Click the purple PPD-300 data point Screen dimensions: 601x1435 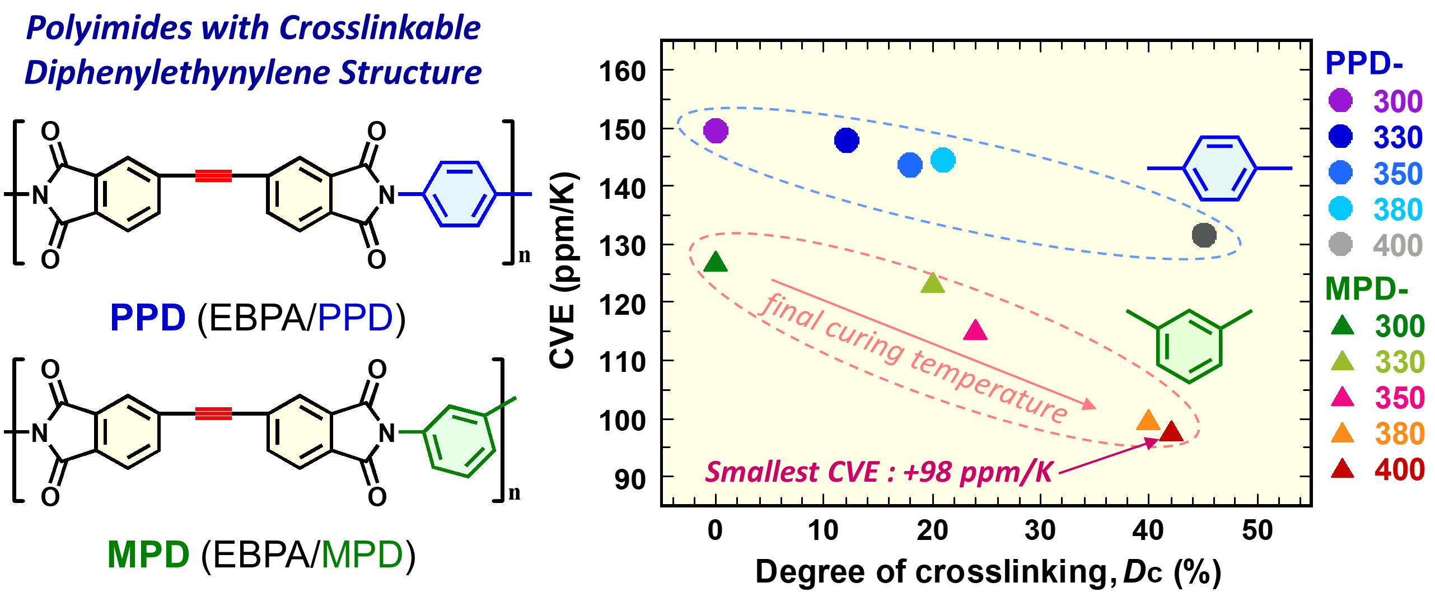click(x=716, y=131)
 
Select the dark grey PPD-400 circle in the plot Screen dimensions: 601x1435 click(x=1204, y=235)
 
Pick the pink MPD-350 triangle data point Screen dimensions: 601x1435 click(x=975, y=331)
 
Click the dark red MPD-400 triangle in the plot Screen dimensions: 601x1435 click(x=1171, y=432)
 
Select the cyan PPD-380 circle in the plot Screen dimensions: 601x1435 click(x=943, y=160)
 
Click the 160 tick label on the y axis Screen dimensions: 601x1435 click(x=622, y=72)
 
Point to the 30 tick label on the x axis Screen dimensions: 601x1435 click(x=1040, y=530)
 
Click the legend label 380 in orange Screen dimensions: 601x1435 click(x=1399, y=434)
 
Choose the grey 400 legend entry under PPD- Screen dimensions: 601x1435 click(x=1397, y=245)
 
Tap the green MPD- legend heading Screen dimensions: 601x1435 click(x=1366, y=289)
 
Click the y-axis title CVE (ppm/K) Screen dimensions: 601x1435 click(x=563, y=271)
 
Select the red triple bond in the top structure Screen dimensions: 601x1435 click(x=213, y=176)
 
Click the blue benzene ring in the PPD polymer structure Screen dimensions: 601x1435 click(x=459, y=194)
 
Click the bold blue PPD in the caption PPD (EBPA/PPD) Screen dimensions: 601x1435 click(x=148, y=318)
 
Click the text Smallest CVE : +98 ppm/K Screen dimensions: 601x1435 click(x=879, y=472)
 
